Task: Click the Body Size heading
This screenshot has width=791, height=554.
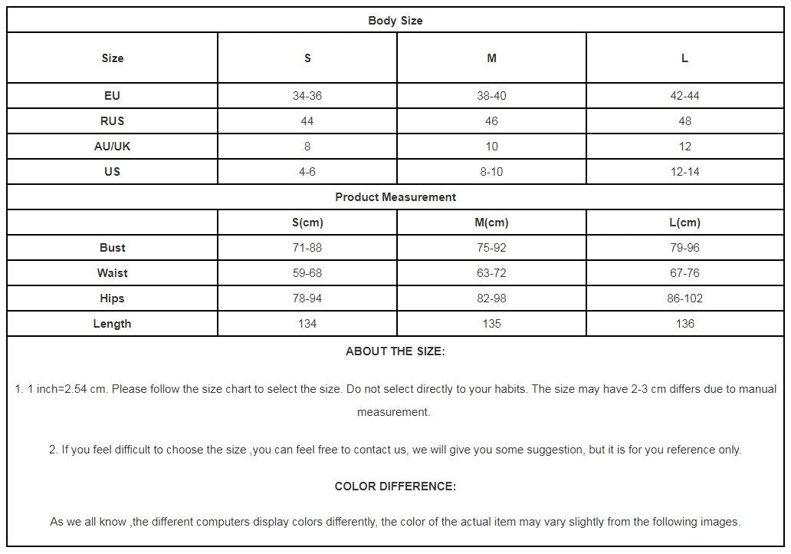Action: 395,21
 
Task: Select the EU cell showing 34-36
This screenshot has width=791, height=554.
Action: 307,96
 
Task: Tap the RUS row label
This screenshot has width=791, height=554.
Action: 112,121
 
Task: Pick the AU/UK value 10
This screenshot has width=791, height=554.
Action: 491,147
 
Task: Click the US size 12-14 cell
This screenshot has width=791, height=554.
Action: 684,172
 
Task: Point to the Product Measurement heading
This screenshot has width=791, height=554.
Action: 395,197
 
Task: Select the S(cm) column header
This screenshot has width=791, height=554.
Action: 307,223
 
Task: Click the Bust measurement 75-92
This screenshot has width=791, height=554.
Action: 491,248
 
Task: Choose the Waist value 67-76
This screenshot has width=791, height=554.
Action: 684,273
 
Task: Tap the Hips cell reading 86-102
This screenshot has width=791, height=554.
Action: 684,298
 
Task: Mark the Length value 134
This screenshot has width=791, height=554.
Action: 307,324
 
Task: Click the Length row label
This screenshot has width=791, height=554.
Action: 112,324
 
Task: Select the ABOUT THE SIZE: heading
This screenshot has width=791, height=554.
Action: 395,351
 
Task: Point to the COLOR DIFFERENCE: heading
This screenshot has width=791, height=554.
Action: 395,486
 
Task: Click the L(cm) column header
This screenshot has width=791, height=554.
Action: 684,223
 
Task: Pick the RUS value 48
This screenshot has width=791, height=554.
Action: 684,121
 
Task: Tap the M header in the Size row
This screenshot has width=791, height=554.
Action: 491,58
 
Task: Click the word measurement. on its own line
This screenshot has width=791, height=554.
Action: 393,412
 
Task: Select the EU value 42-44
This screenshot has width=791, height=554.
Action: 684,96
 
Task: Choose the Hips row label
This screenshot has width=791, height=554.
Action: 112,298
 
